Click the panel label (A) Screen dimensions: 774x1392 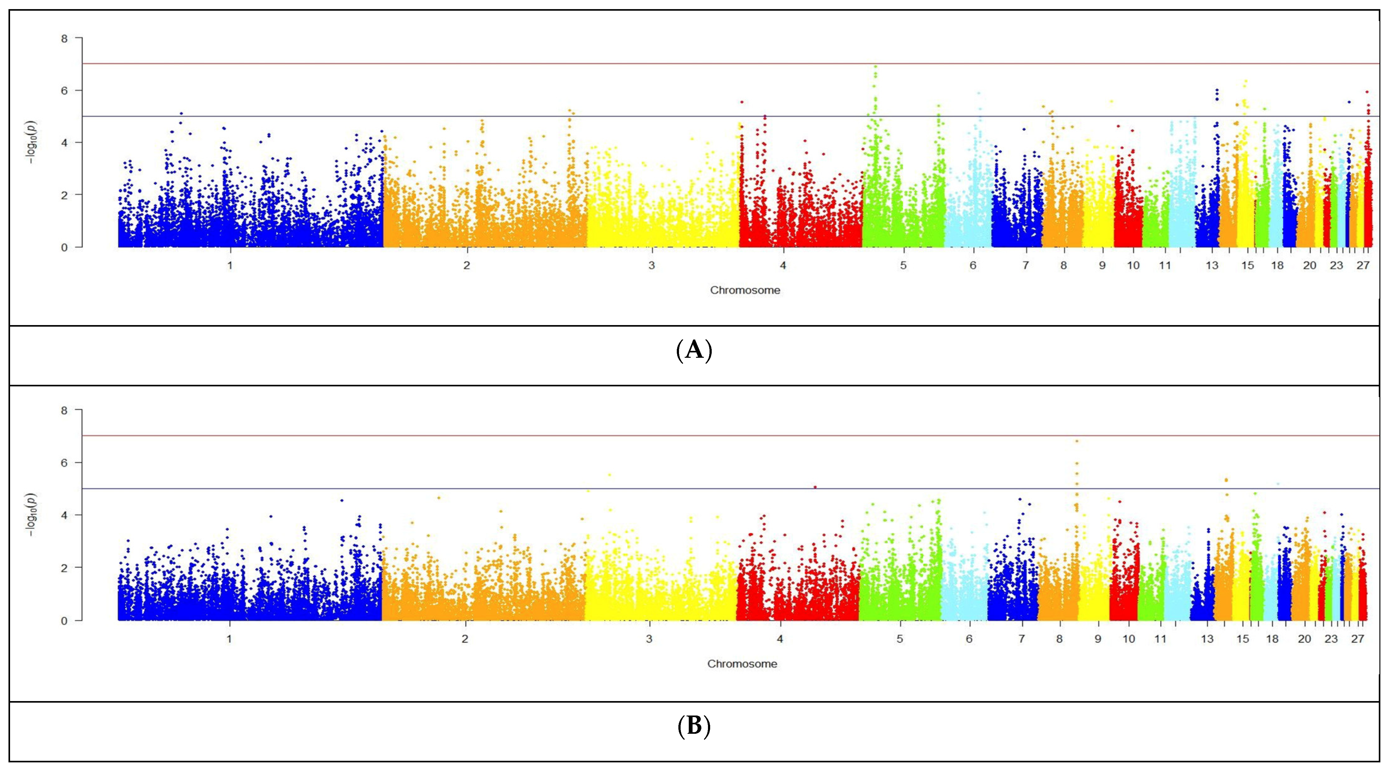click(694, 351)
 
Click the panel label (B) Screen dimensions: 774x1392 click(694, 727)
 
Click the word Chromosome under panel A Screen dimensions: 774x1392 click(745, 290)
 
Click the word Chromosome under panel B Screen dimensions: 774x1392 click(742, 664)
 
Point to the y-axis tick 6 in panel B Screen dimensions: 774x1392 click(64, 463)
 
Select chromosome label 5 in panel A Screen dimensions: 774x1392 click(903, 266)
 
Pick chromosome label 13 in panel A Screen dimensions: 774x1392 click(1212, 266)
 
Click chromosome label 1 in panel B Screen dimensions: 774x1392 click(229, 639)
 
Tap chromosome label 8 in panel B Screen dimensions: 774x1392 click(1059, 639)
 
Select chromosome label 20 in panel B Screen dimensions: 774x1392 click(1305, 639)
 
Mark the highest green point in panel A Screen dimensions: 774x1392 click(875, 66)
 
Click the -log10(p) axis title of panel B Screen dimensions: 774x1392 click(32, 515)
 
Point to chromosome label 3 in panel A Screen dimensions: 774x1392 click(652, 266)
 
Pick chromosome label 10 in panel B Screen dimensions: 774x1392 click(1128, 639)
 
